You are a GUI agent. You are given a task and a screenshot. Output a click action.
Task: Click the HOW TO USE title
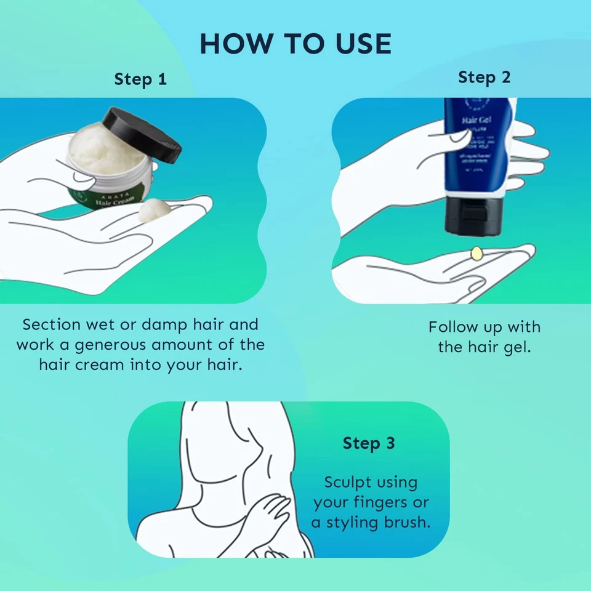pyautogui.click(x=295, y=44)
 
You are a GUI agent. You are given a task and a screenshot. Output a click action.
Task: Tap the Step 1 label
pyautogui.click(x=140, y=79)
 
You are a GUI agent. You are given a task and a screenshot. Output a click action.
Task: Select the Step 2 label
pyautogui.click(x=484, y=78)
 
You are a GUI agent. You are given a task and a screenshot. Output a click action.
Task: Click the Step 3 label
pyautogui.click(x=369, y=443)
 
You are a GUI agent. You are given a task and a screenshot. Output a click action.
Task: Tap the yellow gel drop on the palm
pyautogui.click(x=476, y=252)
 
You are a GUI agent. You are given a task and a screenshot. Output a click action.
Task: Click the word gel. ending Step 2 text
pyautogui.click(x=516, y=347)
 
